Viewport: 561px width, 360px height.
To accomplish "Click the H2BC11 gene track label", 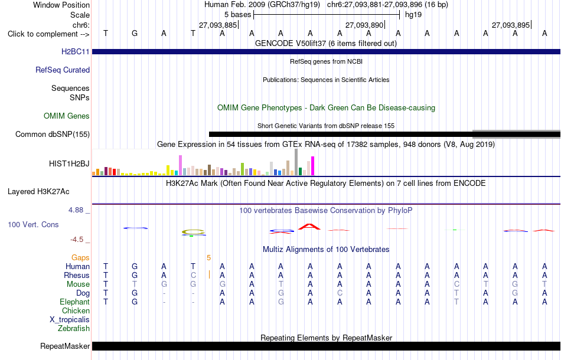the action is click(x=75, y=51).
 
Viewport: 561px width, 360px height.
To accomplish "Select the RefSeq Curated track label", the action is click(x=62, y=70).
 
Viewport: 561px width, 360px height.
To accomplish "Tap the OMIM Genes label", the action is click(x=67, y=116).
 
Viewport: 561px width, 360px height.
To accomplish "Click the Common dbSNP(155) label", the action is click(x=52, y=135).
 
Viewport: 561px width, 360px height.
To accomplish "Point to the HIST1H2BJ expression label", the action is click(x=69, y=163).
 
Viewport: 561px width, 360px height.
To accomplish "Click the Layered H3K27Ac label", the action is click(x=38, y=192).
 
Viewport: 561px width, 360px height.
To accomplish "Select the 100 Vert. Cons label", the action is click(x=33, y=224).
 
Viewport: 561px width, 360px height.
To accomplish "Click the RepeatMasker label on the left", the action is click(x=65, y=346).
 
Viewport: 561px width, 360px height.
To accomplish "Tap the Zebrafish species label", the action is click(x=74, y=328).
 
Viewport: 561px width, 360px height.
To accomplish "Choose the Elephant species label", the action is click(x=74, y=302).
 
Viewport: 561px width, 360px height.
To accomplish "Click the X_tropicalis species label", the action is click(x=70, y=320).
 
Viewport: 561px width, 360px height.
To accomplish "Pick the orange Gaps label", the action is click(x=80, y=257).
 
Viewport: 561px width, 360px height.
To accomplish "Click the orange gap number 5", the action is click(x=208, y=257).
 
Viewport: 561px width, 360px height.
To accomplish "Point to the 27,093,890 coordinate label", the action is click(x=364, y=25).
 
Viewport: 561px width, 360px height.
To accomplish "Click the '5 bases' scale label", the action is click(x=237, y=15).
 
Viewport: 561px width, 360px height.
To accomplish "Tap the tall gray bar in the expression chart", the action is click(x=296, y=162).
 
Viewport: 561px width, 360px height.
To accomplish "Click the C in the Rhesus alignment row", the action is click(x=193, y=275).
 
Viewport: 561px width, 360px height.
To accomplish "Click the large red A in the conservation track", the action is click(x=309, y=226).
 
